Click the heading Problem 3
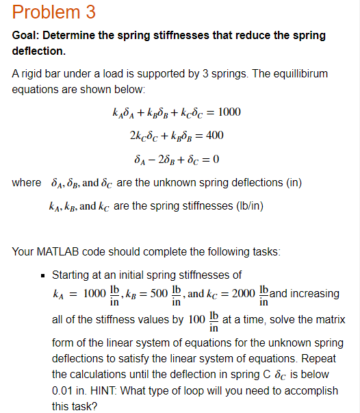tap(54, 12)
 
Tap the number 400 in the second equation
tap(215, 136)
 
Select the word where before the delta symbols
tap(27, 183)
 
